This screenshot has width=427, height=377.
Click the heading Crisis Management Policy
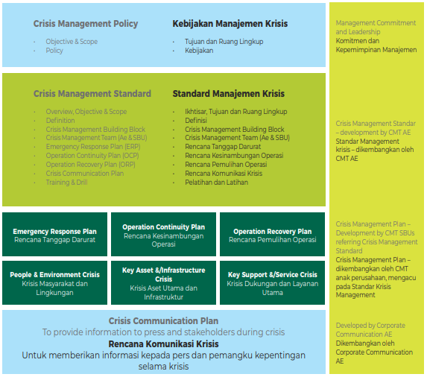point(86,24)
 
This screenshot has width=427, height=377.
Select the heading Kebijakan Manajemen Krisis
point(230,24)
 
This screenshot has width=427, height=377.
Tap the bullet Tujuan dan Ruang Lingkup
point(224,42)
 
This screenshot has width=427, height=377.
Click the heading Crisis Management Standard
point(92,94)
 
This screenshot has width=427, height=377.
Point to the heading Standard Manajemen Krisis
point(229,94)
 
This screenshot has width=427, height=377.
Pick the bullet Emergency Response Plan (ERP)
point(93,147)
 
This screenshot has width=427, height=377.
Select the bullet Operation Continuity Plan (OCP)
point(92,156)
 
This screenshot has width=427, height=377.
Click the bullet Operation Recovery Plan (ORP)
point(90,165)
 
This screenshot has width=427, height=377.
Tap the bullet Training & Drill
point(66,183)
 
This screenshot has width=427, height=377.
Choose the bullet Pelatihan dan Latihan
point(217,183)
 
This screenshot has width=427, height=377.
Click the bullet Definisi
point(196,120)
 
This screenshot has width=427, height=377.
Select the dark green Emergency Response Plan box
point(54,235)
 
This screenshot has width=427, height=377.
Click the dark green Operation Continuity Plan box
point(163,235)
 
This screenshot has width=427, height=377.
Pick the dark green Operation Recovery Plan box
point(272,235)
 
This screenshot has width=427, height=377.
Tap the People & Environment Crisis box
point(54,283)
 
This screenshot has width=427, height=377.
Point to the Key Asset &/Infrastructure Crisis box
point(163,283)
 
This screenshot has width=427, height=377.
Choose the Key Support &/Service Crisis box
point(272,283)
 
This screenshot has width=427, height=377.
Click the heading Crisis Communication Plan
point(163,321)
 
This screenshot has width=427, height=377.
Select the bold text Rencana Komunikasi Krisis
point(163,344)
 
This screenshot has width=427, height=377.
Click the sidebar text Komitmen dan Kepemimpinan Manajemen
point(376,45)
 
